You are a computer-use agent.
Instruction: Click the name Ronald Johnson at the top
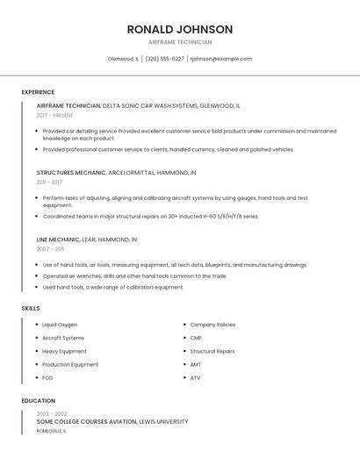click(x=179, y=29)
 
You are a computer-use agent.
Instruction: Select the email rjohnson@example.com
click(x=220, y=59)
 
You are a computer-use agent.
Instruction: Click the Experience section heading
click(x=38, y=92)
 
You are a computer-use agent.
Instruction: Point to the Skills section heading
click(x=31, y=308)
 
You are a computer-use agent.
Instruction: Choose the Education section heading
click(x=38, y=401)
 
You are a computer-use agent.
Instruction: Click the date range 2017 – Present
click(x=55, y=115)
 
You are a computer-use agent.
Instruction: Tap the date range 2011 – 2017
click(x=49, y=182)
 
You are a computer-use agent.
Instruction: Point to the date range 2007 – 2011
click(x=49, y=249)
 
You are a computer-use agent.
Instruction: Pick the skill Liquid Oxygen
click(x=60, y=325)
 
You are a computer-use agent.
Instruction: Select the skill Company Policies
click(x=212, y=325)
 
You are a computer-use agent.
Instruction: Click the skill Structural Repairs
click(x=212, y=351)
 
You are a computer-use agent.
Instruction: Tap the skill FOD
click(x=47, y=378)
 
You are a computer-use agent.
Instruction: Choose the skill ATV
click(x=196, y=378)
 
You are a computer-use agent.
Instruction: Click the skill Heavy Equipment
click(x=64, y=351)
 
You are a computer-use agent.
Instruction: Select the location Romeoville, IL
click(x=55, y=431)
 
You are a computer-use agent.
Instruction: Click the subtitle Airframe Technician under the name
click(x=179, y=42)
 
